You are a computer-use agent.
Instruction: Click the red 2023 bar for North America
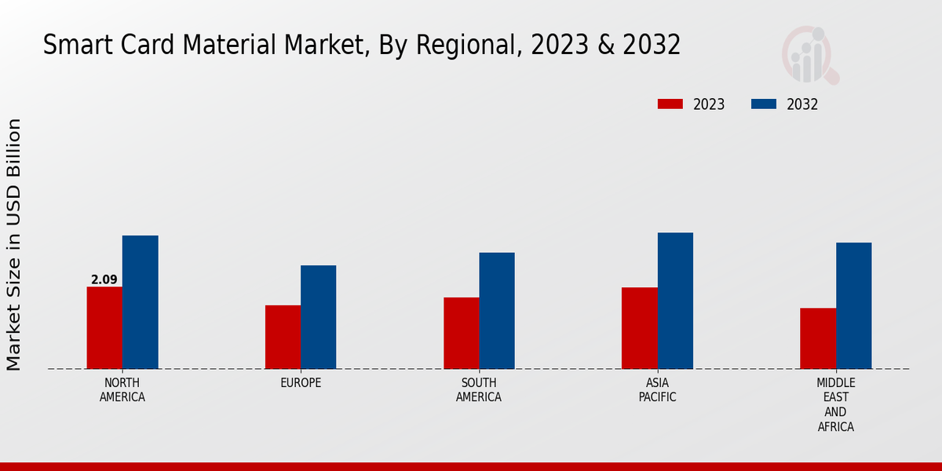coord(104,327)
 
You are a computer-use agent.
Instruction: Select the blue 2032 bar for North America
coord(140,302)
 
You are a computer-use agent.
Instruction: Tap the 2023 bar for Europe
coord(283,337)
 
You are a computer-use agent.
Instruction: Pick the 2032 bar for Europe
coord(318,317)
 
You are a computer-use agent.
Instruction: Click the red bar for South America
coord(461,333)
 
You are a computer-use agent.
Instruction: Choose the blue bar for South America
coord(497,311)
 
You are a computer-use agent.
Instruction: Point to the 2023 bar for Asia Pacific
coord(639,328)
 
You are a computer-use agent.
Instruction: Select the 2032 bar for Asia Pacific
coord(675,301)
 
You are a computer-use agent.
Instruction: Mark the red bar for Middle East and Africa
coord(818,338)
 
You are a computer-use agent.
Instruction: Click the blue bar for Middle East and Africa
coord(853,305)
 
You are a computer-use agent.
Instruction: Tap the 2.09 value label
coord(104,279)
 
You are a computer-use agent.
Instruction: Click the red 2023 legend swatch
coord(670,104)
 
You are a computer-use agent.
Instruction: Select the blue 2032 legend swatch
coord(764,104)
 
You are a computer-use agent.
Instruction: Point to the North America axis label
coord(122,390)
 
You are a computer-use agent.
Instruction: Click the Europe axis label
coord(301,383)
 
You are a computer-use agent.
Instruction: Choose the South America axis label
coord(479,390)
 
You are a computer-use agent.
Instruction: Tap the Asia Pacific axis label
coord(657,390)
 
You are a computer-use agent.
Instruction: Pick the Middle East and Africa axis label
coord(835,404)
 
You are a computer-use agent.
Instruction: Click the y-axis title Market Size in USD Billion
coord(14,244)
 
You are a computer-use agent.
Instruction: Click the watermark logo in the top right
coord(809,55)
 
